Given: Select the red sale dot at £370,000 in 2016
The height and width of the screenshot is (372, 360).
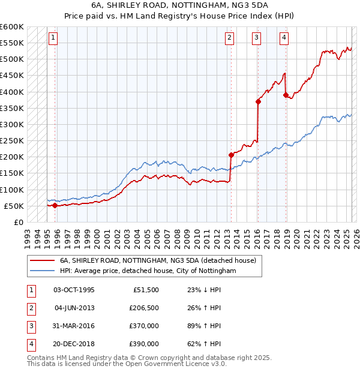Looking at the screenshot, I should (258, 102).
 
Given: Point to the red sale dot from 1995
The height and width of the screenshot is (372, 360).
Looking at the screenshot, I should (55, 205).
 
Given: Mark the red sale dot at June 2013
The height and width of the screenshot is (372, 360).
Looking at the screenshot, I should (230, 155).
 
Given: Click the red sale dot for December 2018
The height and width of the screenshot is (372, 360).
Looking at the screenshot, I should (285, 95).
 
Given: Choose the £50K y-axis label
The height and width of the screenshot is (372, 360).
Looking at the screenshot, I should (14, 206).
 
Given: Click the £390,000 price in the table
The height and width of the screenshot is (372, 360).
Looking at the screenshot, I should (144, 344).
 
